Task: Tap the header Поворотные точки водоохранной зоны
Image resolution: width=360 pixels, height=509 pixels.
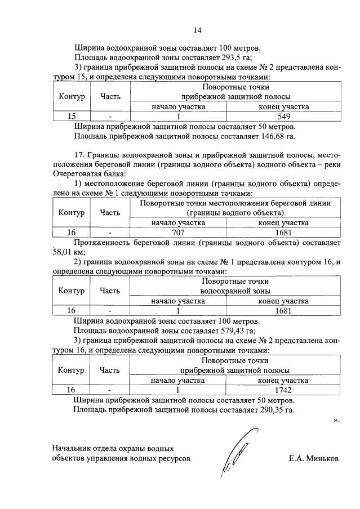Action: tap(235, 285)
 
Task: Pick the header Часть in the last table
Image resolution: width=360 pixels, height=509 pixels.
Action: tap(110, 370)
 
